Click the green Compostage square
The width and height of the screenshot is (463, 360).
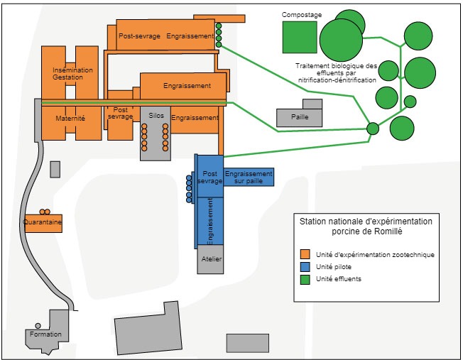click(x=299, y=38)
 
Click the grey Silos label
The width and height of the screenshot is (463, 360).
click(x=156, y=115)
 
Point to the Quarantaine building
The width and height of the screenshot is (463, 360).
click(x=43, y=223)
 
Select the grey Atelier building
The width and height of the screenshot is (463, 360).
click(x=212, y=259)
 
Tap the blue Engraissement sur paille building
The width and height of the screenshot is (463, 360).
click(x=249, y=178)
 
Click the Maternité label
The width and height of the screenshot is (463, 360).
click(x=70, y=119)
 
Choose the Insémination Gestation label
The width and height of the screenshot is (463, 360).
click(x=72, y=74)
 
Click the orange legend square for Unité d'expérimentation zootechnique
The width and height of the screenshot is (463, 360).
click(x=305, y=254)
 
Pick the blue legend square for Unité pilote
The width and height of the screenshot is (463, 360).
click(x=305, y=266)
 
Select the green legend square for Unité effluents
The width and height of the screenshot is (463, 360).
click(x=305, y=278)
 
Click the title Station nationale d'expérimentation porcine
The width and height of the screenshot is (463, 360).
click(x=366, y=227)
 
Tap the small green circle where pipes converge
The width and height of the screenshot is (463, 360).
click(x=373, y=129)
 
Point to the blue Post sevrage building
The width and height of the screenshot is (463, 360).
click(x=210, y=178)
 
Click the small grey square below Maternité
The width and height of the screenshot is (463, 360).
click(x=55, y=169)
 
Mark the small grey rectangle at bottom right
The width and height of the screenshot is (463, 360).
click(x=247, y=342)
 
